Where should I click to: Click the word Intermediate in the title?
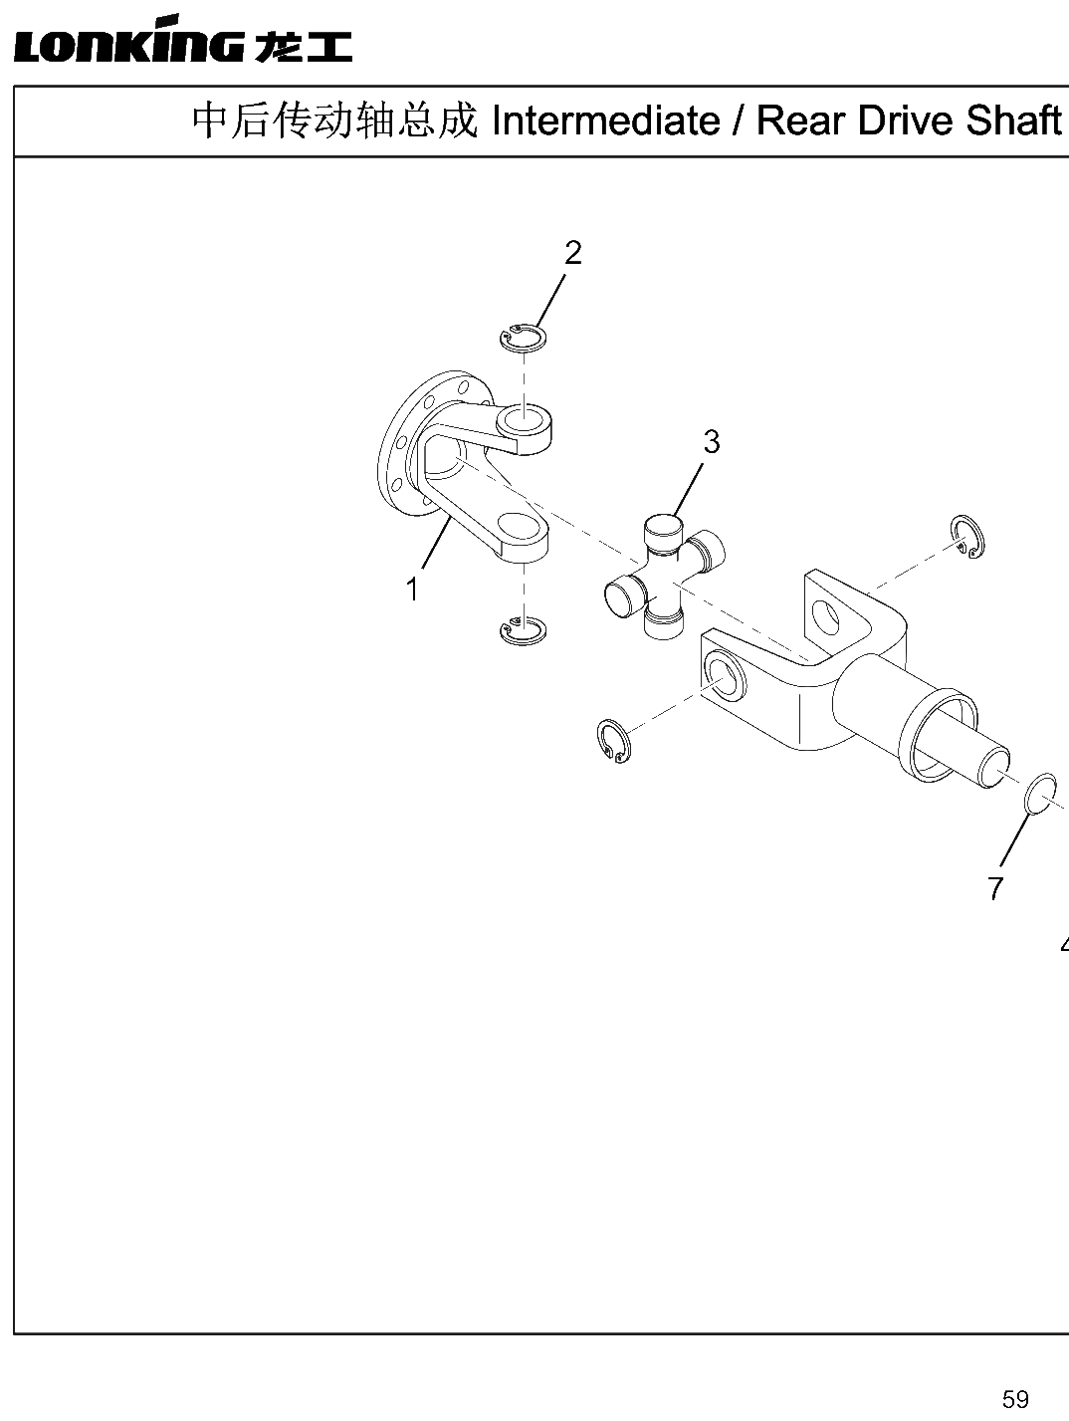tap(606, 120)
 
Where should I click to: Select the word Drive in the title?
tap(906, 120)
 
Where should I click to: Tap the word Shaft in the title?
tap(1013, 120)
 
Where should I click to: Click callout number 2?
tap(572, 253)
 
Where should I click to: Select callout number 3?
tap(711, 442)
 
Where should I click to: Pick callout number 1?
tap(412, 590)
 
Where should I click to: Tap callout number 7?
tap(995, 887)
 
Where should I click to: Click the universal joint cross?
tap(665, 575)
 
